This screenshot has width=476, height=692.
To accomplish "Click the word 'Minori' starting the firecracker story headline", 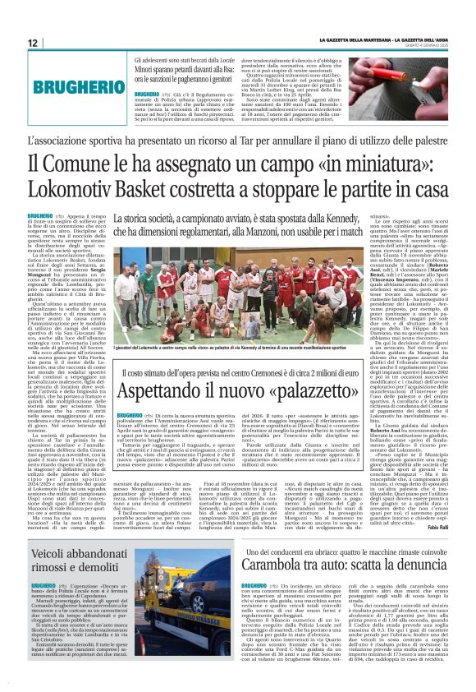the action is point(145,71).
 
